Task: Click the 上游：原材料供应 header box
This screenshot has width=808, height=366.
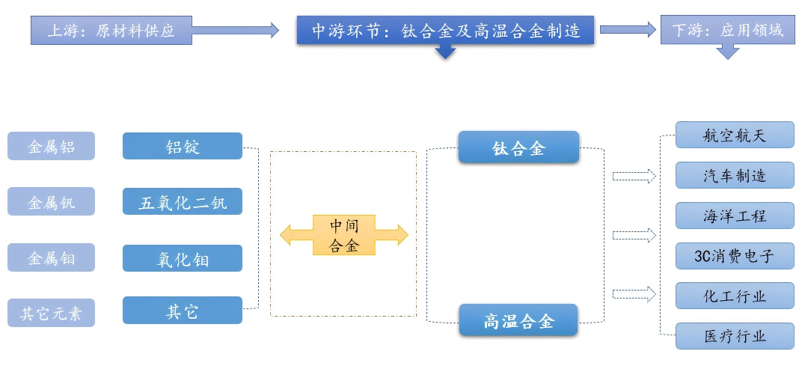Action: point(111,31)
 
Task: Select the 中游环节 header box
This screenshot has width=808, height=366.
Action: point(446,31)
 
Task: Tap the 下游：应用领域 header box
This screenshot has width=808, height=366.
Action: point(727,31)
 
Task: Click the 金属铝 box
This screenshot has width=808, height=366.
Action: point(52,146)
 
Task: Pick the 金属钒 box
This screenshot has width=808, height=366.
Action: point(52,201)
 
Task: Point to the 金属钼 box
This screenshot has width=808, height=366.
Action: point(52,258)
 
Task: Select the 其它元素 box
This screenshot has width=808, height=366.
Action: point(52,314)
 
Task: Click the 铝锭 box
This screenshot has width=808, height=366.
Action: point(183,146)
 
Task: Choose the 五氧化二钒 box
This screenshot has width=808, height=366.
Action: point(183,201)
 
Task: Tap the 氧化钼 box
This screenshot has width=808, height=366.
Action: point(183,258)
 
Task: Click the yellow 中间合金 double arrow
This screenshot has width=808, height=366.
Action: point(344,235)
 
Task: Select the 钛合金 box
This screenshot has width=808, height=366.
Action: point(518,147)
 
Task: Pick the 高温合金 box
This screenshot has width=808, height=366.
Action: point(518,321)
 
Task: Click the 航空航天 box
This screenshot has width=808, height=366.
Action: point(735,135)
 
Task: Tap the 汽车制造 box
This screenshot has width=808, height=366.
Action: point(735,175)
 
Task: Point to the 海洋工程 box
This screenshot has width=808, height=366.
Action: point(735,216)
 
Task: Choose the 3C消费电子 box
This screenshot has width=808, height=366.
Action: point(735,256)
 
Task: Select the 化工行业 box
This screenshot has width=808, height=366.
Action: point(735,296)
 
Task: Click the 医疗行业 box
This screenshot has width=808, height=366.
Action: point(735,335)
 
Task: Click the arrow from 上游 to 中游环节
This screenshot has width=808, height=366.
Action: point(235,31)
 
